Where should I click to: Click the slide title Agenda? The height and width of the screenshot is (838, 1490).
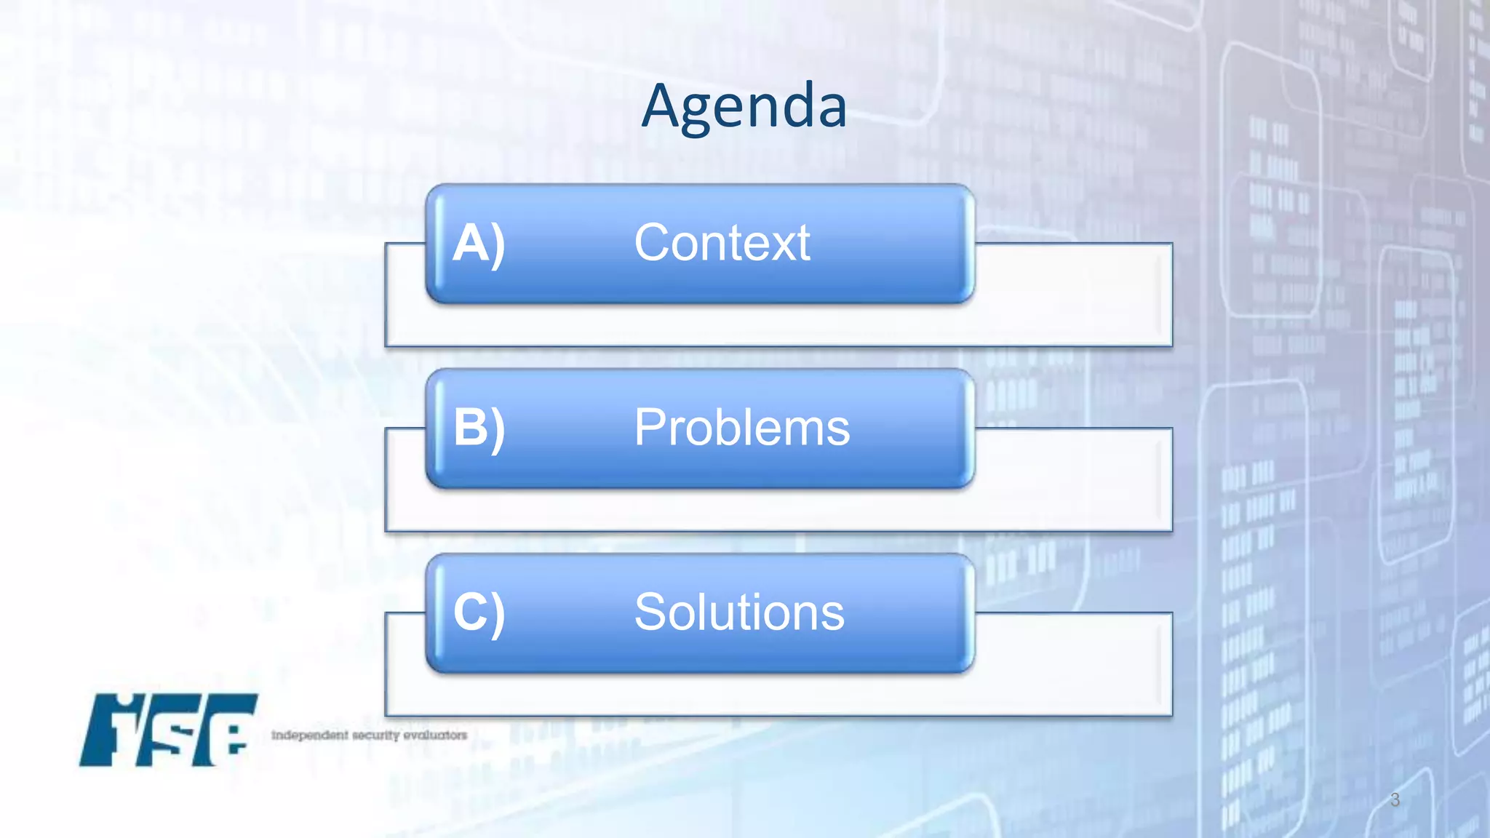[744, 107]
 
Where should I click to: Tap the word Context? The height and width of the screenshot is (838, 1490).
[722, 243]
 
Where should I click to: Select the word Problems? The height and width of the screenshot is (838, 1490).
[741, 428]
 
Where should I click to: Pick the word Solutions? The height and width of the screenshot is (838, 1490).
[738, 612]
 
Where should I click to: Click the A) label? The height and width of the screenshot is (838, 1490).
[478, 244]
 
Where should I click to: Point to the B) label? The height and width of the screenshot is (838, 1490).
[478, 428]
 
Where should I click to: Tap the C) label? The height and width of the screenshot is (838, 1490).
[478, 612]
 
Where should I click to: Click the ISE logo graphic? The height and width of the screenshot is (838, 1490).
[169, 730]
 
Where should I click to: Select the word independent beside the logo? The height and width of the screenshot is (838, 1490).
[310, 735]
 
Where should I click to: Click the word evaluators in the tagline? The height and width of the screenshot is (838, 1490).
[435, 735]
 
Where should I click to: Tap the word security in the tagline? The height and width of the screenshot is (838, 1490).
[376, 735]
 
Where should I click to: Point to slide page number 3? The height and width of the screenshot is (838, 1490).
[1394, 799]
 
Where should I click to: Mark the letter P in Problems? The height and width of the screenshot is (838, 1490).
[651, 428]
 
